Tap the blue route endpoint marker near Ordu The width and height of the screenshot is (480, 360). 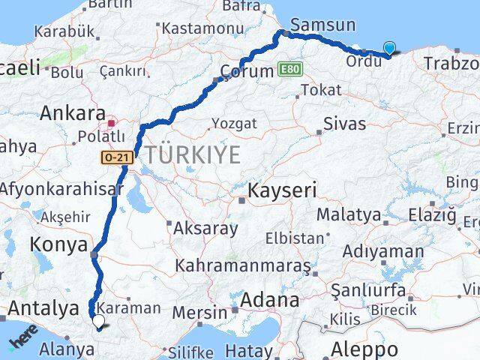tap(389, 49)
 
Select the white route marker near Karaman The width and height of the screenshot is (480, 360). tap(98, 322)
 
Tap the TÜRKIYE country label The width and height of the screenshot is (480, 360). tap(193, 155)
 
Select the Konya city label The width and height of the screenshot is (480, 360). tap(56, 244)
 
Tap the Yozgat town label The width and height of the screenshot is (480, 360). tap(234, 123)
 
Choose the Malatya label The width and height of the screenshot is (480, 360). tap(348, 214)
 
